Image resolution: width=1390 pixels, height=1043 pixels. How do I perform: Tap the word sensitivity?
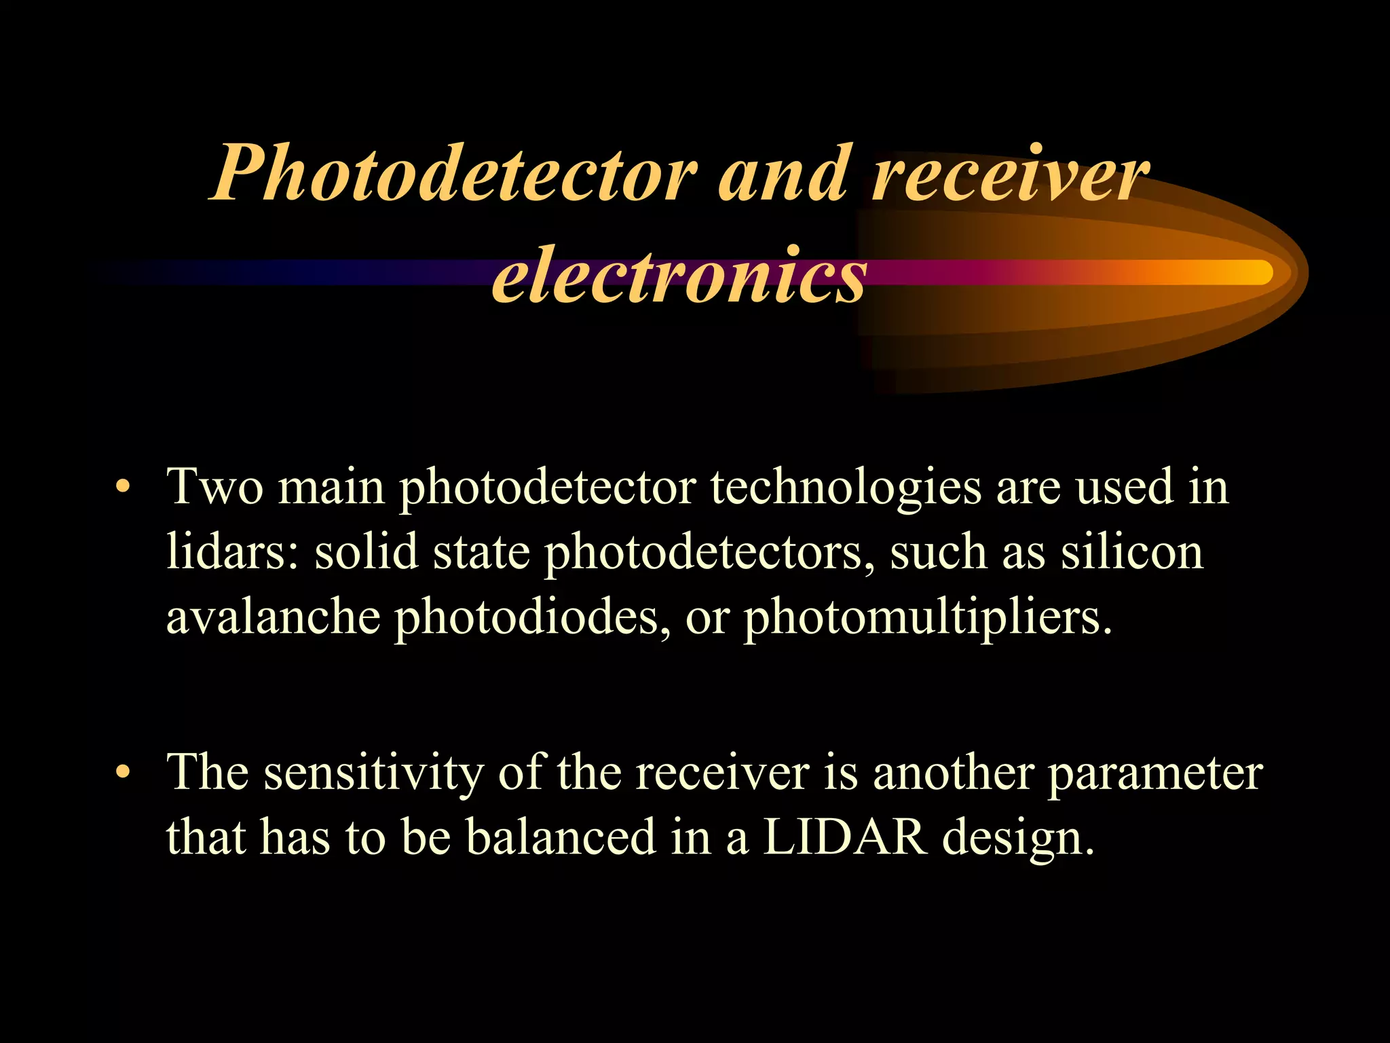coord(373,774)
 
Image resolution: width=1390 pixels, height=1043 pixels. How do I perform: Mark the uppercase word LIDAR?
coord(845,837)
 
